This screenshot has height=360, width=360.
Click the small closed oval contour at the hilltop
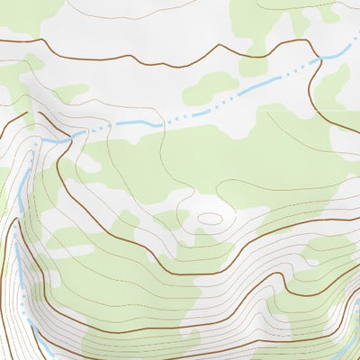210,218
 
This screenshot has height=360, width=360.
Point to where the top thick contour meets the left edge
2,41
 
